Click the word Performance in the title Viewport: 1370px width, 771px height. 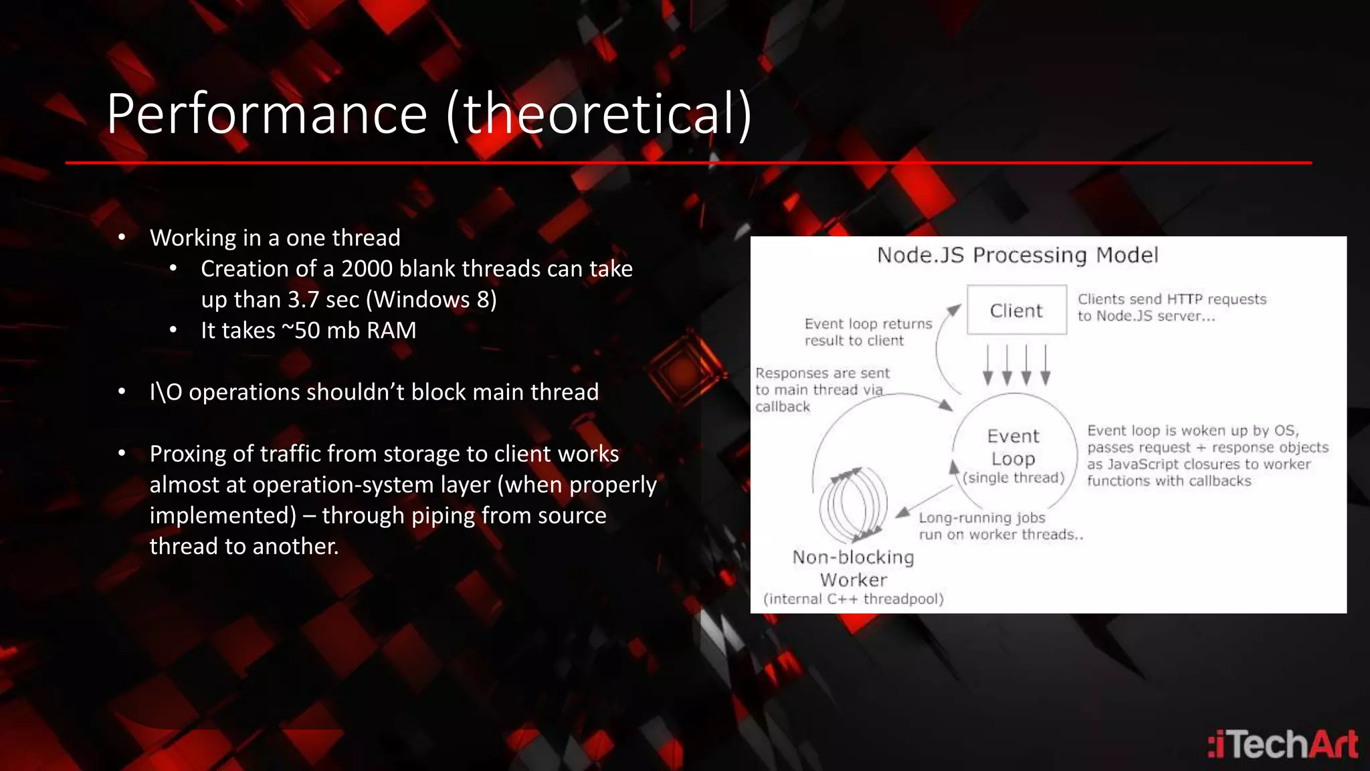[x=266, y=114]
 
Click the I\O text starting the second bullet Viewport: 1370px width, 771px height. [x=165, y=392]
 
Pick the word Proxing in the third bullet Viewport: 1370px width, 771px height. [x=187, y=454]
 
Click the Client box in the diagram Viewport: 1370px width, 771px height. [x=1016, y=310]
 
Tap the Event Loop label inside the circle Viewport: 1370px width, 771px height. [x=1013, y=447]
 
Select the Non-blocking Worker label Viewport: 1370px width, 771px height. [x=853, y=568]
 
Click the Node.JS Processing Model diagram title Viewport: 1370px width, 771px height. [x=1017, y=255]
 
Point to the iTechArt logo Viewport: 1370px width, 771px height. [x=1282, y=744]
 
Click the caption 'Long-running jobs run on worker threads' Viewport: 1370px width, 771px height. [x=999, y=526]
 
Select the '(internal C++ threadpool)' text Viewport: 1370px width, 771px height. [x=853, y=599]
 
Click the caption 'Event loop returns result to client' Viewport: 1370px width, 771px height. [x=868, y=332]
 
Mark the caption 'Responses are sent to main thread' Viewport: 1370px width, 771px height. [x=822, y=390]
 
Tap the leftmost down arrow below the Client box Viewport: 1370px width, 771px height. [x=987, y=365]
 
